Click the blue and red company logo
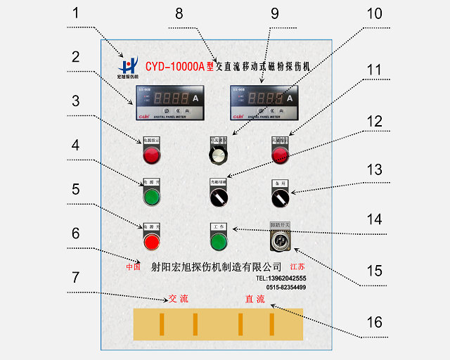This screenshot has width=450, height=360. click(x=127, y=65)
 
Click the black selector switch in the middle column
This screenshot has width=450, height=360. click(x=219, y=198)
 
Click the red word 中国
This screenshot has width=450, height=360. click(x=134, y=267)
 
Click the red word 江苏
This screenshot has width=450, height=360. click(x=298, y=267)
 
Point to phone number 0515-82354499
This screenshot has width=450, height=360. click(x=285, y=287)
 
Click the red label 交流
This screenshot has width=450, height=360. click(x=179, y=298)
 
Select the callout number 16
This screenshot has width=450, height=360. click(x=375, y=322)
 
